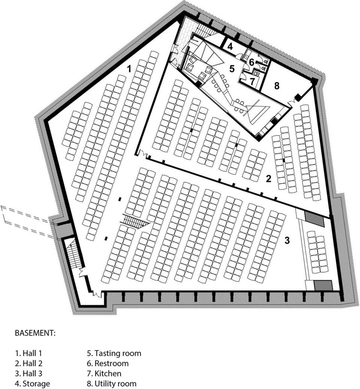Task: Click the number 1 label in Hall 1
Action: coord(129,69)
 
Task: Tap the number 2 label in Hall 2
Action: coord(268,179)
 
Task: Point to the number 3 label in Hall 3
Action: coord(287,240)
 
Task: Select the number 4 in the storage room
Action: coord(230,46)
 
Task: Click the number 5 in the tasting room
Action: coord(232,69)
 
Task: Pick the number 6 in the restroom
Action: coord(252,62)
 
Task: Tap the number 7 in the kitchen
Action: coord(252,81)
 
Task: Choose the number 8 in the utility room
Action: coord(277,86)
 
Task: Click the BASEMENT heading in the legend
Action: coord(35,333)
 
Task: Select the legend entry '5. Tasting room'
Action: coord(114,353)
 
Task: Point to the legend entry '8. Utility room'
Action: coord(111,383)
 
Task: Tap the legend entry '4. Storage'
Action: coord(32,383)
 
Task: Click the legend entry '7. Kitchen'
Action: coord(104,373)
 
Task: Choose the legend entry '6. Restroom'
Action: coord(108,364)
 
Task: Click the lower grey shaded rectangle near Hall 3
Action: coord(323,285)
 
